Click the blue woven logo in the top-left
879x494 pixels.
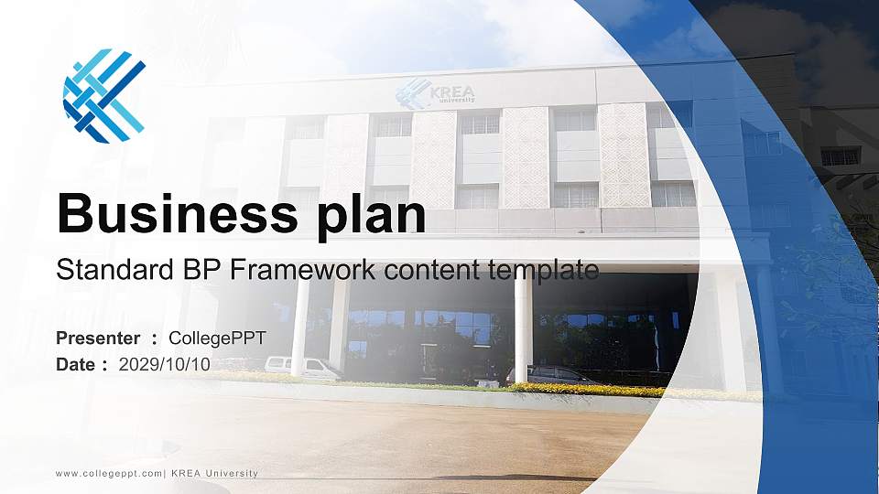coord(103,96)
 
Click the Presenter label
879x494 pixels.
coord(98,338)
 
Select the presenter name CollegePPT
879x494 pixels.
coord(217,338)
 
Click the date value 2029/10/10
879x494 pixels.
coord(165,364)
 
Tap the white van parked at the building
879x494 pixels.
coord(302,368)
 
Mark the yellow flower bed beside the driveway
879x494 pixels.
coord(586,390)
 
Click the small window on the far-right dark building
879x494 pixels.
coord(840,156)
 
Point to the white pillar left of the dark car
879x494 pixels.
coord(523,329)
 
